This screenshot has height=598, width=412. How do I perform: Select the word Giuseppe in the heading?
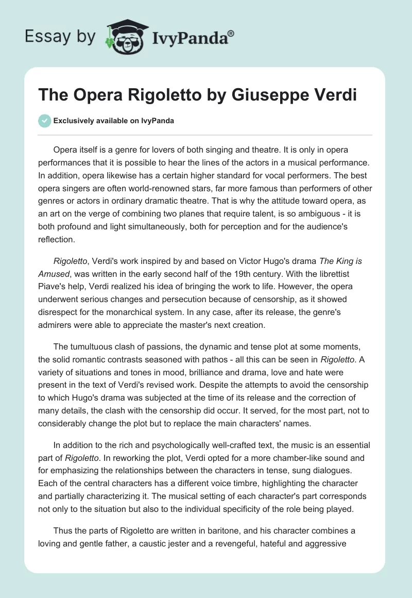point(268,95)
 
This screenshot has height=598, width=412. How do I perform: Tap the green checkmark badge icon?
point(44,121)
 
